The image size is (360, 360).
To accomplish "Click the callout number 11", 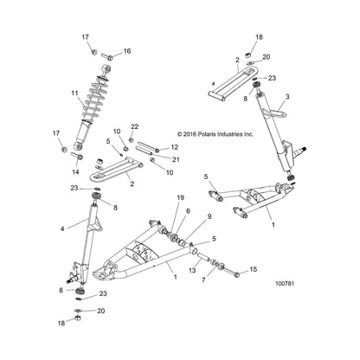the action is click(x=74, y=93).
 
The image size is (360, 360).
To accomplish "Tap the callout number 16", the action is click(x=127, y=51).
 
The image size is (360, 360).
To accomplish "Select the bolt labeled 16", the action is click(x=106, y=55).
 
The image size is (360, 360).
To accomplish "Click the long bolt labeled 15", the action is click(x=231, y=272).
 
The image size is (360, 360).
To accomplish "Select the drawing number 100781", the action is click(x=285, y=284).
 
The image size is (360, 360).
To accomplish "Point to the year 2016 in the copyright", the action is click(x=190, y=134).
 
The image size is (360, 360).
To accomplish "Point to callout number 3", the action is click(x=286, y=97).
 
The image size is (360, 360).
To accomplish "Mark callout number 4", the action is click(x=62, y=228).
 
